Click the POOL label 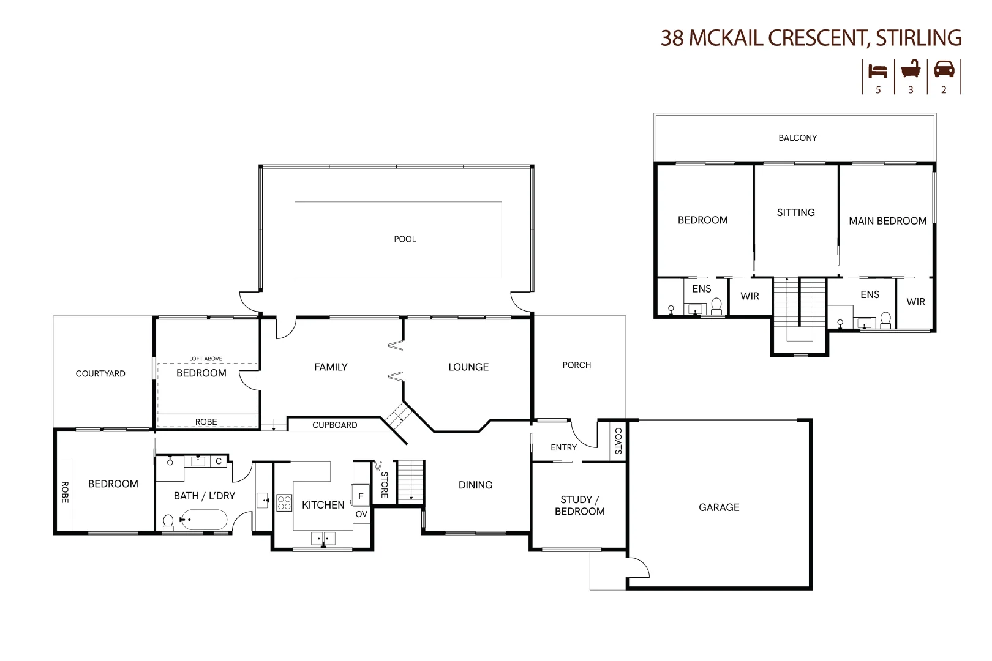405,239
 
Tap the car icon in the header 944,69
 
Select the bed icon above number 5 877,71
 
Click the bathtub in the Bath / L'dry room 203,521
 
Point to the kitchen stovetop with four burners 284,503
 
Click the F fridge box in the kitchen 360,496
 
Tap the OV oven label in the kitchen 361,514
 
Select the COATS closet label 618,441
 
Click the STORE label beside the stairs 385,485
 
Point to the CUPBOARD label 334,425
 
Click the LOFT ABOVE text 206,359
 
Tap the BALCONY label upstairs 797,138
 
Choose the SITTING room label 795,212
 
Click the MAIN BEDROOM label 887,221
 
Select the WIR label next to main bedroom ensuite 915,302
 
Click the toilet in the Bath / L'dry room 168,522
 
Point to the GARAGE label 719,507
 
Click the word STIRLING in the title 918,38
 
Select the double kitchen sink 323,539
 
